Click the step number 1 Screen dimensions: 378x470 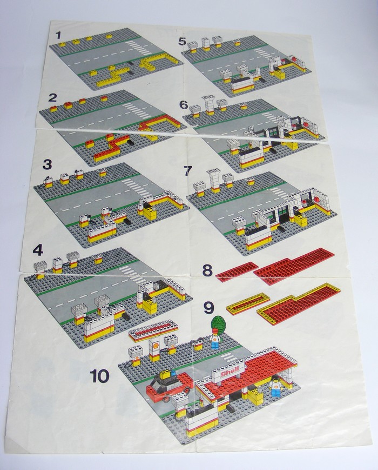(x=58, y=36)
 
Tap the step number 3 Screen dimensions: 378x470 (x=47, y=165)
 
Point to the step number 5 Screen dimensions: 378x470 (x=183, y=41)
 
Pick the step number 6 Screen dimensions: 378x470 (x=184, y=105)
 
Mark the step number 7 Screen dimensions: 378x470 (x=187, y=171)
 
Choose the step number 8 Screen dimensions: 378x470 (x=207, y=270)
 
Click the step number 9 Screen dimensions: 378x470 (x=208, y=307)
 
